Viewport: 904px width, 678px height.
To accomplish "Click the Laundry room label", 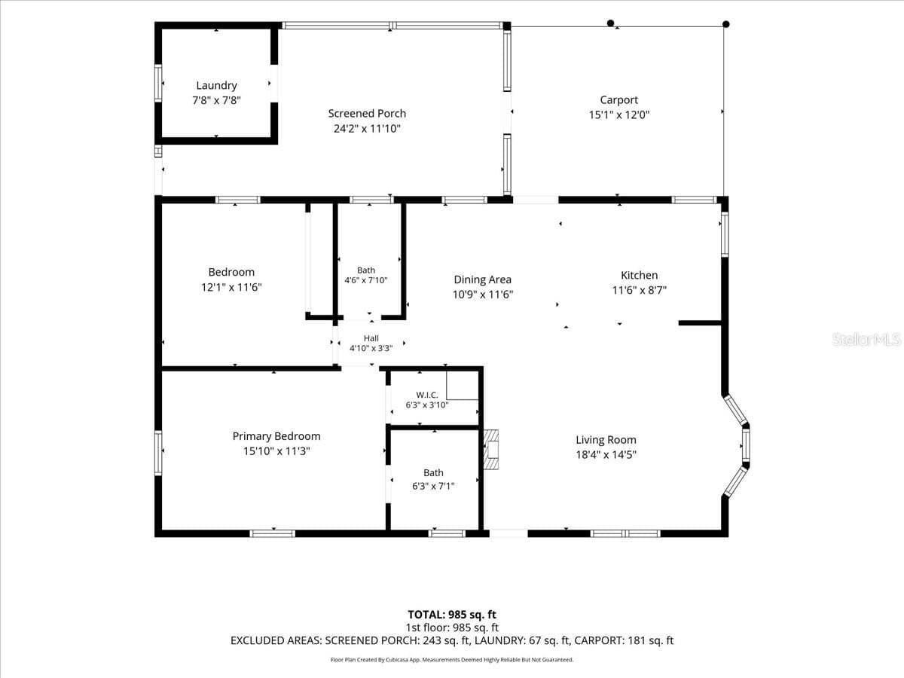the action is point(216,86).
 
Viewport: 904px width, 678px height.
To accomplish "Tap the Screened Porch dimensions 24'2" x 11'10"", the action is point(367,129).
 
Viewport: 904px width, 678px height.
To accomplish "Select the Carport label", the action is point(619,100).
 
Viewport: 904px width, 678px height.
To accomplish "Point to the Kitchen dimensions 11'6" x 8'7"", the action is point(639,290).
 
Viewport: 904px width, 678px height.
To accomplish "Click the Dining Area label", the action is point(483,279).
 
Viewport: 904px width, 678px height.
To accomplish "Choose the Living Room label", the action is point(606,440).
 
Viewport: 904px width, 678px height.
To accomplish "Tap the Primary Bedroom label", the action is point(276,436).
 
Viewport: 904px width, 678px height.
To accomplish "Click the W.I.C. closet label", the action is point(427,395).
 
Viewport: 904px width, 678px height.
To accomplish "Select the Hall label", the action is point(371,338).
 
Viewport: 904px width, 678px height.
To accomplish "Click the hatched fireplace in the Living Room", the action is point(491,450).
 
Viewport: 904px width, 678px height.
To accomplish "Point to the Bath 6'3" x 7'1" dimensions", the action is point(433,486).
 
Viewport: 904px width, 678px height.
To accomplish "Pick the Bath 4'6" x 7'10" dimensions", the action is point(366,280).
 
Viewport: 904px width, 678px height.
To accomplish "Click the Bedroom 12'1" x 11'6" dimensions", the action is point(231,287).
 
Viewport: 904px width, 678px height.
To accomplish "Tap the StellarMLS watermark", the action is point(866,339).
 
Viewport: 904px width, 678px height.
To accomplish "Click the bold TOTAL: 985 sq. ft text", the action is point(452,615).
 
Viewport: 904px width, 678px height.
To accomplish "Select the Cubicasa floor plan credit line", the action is point(452,659).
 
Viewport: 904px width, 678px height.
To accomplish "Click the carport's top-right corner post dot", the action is point(726,24).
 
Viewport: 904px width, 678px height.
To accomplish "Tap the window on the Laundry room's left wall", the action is point(158,83).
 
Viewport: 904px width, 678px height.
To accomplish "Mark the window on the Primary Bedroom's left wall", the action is point(158,453).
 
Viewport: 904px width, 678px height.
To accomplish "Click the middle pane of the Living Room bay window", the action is point(746,445).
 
